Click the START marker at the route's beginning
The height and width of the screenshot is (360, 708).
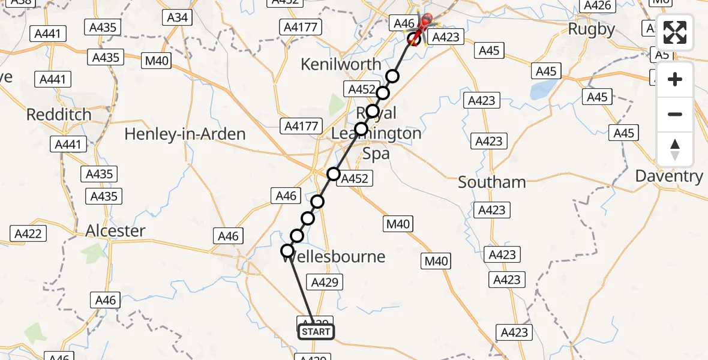316,331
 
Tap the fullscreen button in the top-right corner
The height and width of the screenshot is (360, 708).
675,32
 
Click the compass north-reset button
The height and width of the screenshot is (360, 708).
675,149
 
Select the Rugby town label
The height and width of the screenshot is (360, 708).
591,29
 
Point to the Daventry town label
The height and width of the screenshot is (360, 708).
669,176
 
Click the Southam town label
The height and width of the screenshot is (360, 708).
492,182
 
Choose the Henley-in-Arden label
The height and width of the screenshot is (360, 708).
185,134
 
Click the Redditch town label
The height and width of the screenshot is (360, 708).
59,114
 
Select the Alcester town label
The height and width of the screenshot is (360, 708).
116,231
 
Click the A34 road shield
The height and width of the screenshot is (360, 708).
178,17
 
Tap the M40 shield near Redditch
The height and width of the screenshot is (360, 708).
156,60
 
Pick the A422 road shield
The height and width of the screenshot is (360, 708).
28,233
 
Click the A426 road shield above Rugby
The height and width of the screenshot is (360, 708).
597,5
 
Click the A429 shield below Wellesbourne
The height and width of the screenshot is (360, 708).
325,282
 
